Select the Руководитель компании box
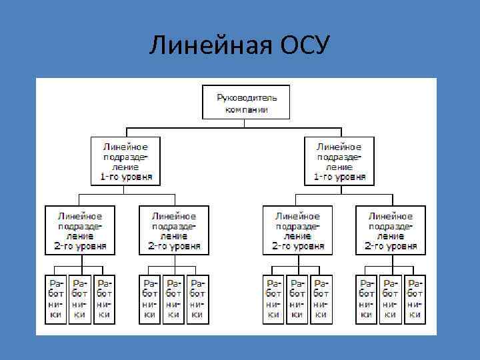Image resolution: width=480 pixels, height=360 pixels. (x=246, y=102)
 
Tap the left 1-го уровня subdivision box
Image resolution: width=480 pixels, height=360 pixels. (x=126, y=161)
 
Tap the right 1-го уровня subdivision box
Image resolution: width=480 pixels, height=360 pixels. (x=339, y=161)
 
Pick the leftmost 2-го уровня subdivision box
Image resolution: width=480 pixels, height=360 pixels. (x=79, y=230)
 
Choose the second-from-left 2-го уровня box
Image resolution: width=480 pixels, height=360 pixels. (x=174, y=230)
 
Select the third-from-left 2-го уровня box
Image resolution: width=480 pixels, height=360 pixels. (x=297, y=230)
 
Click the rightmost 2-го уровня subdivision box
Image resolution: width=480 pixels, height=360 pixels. (x=391, y=230)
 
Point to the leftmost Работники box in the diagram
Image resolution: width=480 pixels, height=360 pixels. (x=56, y=299)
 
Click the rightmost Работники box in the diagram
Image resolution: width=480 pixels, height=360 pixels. (x=415, y=299)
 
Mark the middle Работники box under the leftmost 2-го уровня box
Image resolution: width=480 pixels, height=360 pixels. (x=79, y=299)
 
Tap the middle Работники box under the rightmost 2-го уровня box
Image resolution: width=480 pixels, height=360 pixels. (x=391, y=299)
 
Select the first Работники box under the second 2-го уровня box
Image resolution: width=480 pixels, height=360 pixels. (x=150, y=299)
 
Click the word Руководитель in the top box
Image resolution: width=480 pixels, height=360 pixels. (x=246, y=97)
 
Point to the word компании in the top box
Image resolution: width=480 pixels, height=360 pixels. (x=246, y=108)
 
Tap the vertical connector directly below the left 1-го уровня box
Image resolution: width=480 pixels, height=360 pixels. (x=126, y=189)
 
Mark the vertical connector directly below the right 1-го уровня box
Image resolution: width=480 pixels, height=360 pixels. (x=339, y=189)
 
